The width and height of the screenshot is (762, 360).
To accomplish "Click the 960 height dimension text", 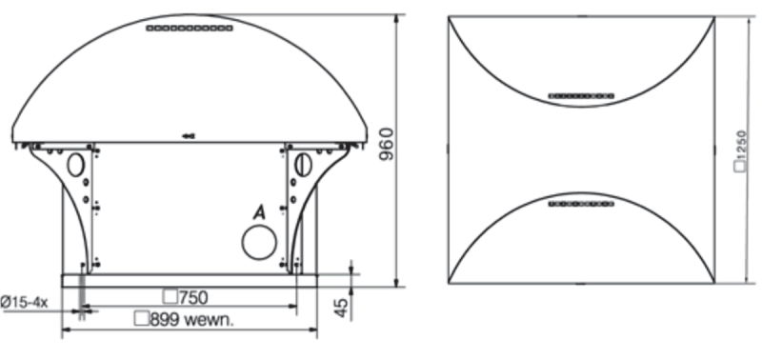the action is (387, 145).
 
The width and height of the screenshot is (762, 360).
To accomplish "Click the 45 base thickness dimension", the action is (343, 308).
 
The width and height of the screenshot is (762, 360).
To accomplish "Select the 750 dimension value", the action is (193, 297).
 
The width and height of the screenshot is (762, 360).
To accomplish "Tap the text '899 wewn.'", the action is (192, 319).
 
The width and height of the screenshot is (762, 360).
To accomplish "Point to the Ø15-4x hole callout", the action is (25, 302).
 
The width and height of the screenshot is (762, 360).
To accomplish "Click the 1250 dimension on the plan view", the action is (741, 145).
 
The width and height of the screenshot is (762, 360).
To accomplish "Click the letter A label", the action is (260, 212).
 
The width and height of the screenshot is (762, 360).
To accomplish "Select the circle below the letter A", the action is (259, 242).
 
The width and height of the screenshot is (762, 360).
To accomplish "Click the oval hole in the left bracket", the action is (75, 164).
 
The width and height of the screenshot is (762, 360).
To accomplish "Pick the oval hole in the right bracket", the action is (302, 164).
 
